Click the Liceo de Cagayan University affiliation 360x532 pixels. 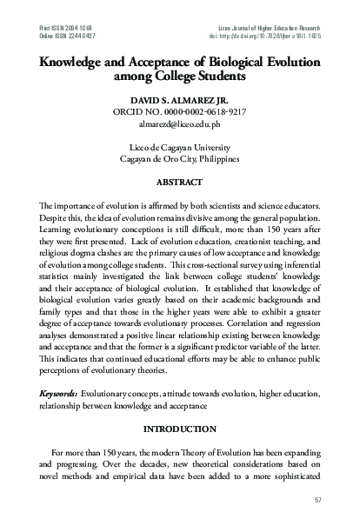[x=180, y=147]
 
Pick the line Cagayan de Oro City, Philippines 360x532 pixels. [x=180, y=159]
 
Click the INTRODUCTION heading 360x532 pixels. [x=180, y=429]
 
